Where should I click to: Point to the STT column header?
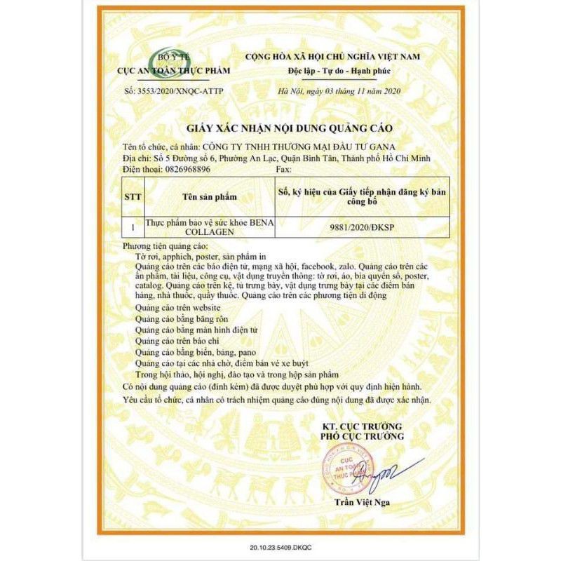(x=133, y=198)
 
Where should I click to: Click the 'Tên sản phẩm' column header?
(x=207, y=198)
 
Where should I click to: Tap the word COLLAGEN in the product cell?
(x=168, y=232)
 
